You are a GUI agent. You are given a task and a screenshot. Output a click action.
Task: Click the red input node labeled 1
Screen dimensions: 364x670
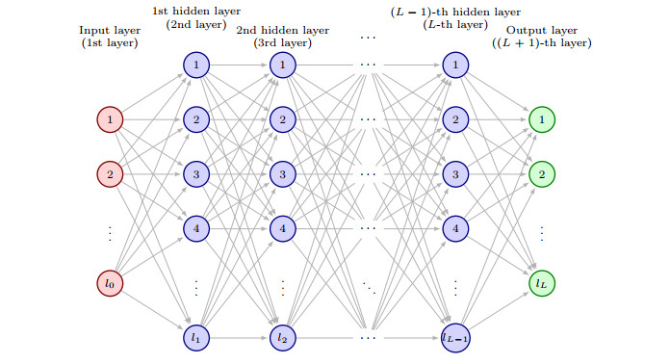110,120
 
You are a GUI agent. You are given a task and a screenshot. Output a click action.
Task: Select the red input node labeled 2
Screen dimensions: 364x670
110,174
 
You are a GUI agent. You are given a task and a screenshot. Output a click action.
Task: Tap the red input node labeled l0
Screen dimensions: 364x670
110,284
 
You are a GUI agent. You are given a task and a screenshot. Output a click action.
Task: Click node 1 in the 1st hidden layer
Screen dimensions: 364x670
195,65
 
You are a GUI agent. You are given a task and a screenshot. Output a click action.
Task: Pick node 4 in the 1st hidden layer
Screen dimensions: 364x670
195,229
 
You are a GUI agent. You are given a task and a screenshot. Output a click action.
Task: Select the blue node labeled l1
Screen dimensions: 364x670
195,338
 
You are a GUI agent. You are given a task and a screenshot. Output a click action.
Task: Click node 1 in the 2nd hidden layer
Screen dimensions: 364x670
282,65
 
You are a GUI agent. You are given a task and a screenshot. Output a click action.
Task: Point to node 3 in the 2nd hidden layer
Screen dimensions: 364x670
282,174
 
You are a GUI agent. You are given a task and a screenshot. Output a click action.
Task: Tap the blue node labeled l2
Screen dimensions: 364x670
282,338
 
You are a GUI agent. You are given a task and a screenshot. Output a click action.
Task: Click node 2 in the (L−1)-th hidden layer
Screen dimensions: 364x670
454,120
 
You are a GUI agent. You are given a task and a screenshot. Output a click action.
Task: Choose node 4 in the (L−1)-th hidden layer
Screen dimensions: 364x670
454,229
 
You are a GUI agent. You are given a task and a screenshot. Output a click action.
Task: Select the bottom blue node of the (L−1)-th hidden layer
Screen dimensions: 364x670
454,338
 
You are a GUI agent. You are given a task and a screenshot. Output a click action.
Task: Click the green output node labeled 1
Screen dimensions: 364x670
541,120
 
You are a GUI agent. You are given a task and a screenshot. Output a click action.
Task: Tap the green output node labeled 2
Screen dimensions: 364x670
541,174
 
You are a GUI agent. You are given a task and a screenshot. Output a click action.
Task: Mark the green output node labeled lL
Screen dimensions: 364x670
541,284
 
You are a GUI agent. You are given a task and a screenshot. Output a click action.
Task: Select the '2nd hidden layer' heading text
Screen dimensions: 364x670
282,30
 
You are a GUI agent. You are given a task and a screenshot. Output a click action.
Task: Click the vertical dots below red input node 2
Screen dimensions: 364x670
110,232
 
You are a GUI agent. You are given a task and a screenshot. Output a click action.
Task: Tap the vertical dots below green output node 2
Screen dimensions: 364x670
541,232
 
